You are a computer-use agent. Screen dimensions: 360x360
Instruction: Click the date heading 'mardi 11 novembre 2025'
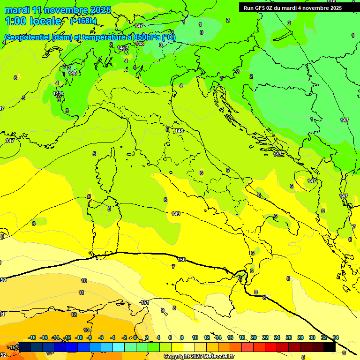[x=58, y=10]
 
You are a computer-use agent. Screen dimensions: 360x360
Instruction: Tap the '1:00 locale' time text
[x=33, y=21]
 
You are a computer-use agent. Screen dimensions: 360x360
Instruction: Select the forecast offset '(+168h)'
[x=83, y=21]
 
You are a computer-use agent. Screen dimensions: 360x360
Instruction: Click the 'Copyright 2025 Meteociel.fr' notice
[x=199, y=357]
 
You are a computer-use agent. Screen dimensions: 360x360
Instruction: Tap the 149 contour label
[x=176, y=214]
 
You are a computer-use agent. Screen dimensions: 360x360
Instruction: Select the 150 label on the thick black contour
[x=181, y=259]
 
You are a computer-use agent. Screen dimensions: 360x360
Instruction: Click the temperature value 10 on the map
[x=84, y=281]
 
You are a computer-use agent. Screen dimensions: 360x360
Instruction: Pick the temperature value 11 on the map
[x=82, y=292]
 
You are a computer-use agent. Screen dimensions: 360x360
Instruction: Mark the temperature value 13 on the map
[x=86, y=330]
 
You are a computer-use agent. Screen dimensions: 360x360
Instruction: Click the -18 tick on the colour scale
[x=32, y=338]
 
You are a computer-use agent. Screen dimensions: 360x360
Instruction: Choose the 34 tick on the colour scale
[x=336, y=338]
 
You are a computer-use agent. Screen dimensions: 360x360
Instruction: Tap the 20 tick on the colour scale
[x=254, y=338]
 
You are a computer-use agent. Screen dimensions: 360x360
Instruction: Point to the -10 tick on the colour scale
[x=79, y=338]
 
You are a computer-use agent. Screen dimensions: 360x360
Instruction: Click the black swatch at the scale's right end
[x=330, y=347]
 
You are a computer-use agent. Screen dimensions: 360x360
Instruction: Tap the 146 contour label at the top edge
[x=331, y=2]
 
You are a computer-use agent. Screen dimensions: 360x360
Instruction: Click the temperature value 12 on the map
[x=74, y=315]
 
